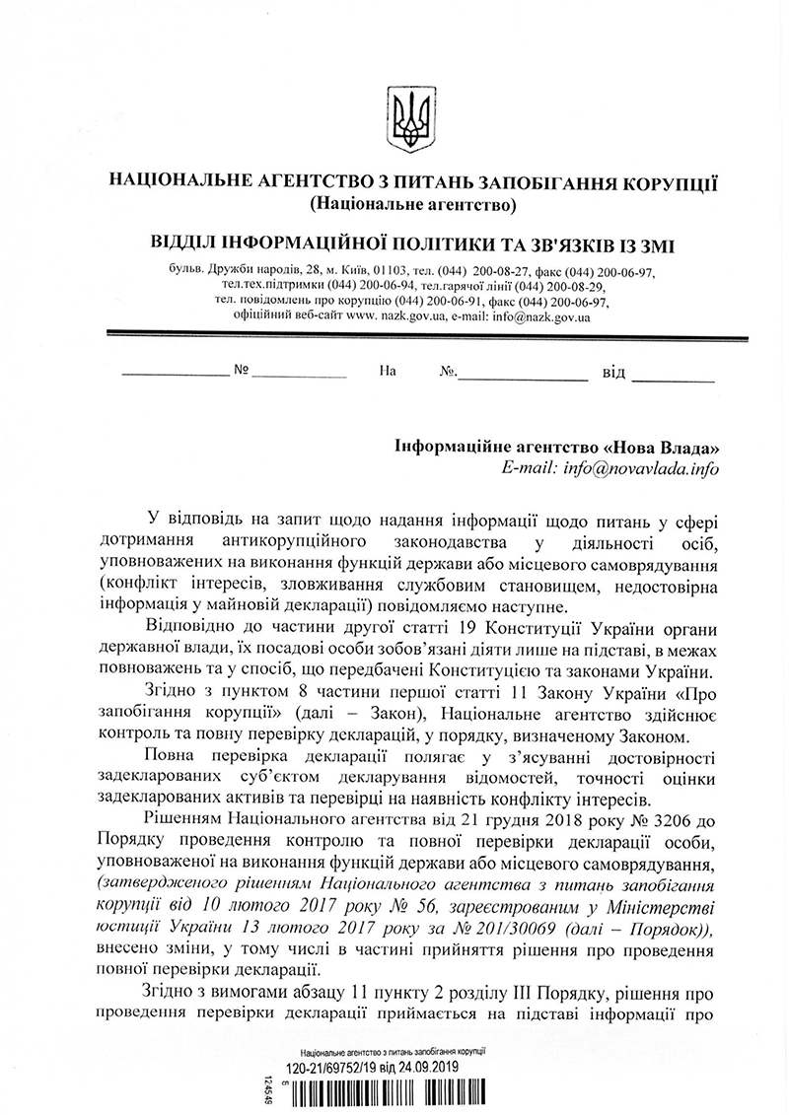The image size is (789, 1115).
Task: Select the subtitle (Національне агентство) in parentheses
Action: click(412, 206)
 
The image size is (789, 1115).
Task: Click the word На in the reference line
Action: click(387, 374)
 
